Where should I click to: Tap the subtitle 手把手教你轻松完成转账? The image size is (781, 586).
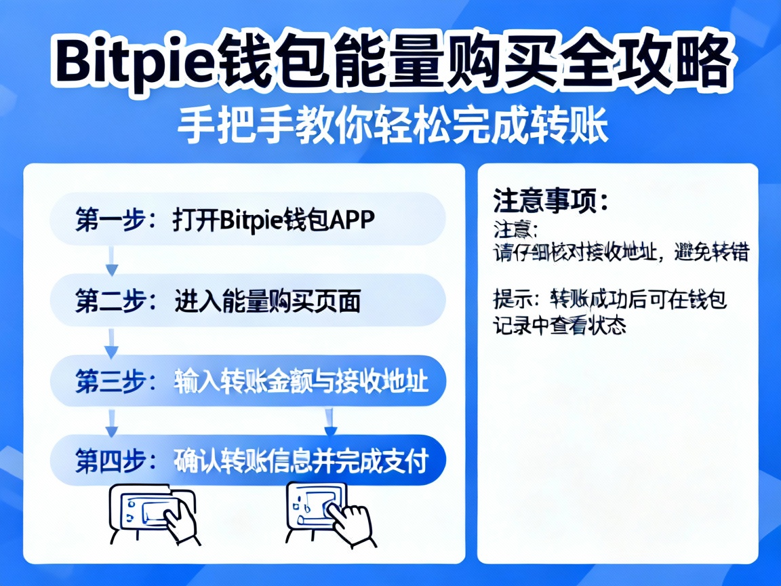click(393, 126)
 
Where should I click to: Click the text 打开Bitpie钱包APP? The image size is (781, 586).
click(274, 220)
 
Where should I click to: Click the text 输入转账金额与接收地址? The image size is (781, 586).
click(301, 381)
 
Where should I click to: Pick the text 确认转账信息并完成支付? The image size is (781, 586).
click(301, 461)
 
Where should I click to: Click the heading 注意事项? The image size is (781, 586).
click(550, 201)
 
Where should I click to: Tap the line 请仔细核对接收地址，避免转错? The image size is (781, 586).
click(620, 253)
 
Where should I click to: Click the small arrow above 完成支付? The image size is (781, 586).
click(331, 422)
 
